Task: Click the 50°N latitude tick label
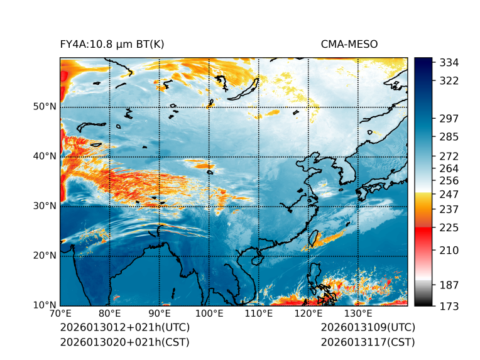pyautogui.click(x=45, y=107)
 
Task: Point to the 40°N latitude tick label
pyautogui.click(x=45, y=156)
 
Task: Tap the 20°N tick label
pyautogui.click(x=45, y=256)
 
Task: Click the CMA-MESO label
pyautogui.click(x=349, y=44)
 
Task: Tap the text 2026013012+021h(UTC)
pyautogui.click(x=124, y=328)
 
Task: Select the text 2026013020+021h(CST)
pyautogui.click(x=124, y=342)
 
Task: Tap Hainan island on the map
pyautogui.click(x=255, y=258)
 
